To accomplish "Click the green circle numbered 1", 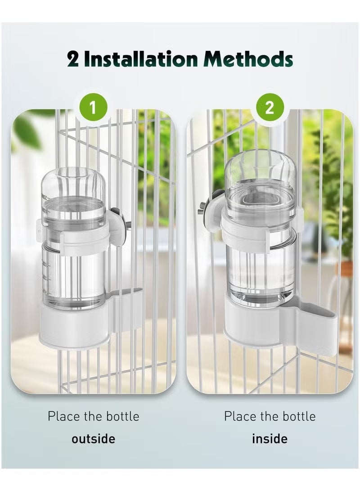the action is pos(92,108).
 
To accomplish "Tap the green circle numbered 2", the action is pos(270,108).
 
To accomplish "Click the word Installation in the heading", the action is pos(140,59).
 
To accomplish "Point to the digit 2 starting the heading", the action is pos(72,59).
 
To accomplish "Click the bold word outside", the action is pos(93,438).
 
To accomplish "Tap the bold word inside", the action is pos(270,438).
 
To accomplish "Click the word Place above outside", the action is pos(64,416).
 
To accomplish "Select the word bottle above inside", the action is pos(299,416).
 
